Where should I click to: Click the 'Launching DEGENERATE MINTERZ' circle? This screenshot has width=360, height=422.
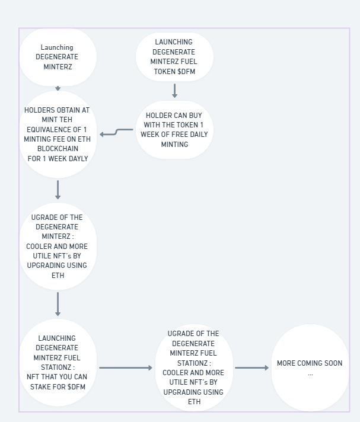[x=58, y=57]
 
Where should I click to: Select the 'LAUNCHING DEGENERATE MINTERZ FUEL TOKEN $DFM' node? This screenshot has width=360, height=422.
[x=174, y=57]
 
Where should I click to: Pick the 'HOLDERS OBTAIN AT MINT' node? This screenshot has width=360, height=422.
[x=58, y=134]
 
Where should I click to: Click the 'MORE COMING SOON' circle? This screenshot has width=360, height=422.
[x=310, y=367]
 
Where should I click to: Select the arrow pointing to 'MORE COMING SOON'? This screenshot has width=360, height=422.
[x=252, y=368]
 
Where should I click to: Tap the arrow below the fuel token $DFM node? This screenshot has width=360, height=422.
[x=174, y=91]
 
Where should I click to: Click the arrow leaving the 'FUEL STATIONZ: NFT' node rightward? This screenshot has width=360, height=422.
[x=126, y=368]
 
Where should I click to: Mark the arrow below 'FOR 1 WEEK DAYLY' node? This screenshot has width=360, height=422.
[x=58, y=190]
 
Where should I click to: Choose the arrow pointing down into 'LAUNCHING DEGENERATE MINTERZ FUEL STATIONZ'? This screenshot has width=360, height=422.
[x=58, y=304]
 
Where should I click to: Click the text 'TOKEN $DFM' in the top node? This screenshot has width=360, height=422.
[x=174, y=72]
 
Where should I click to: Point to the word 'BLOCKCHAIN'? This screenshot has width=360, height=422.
[x=58, y=149]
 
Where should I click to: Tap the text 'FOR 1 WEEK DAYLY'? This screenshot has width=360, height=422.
[x=58, y=159]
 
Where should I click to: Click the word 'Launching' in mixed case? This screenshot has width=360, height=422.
[x=57, y=47]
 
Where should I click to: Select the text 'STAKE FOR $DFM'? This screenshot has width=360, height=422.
[x=58, y=387]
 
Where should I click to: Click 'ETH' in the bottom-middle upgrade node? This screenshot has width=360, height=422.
[x=194, y=402]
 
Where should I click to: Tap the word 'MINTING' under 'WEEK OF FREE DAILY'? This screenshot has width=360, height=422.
[x=174, y=144]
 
